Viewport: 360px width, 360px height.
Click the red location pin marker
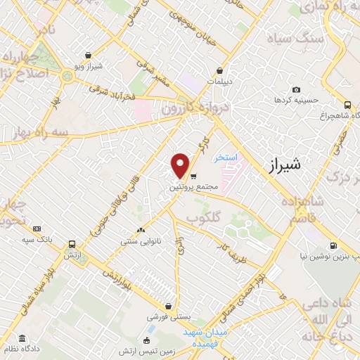(x=181, y=165)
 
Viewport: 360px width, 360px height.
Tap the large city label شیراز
(x=285, y=166)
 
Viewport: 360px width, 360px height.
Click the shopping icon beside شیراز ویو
(x=86, y=54)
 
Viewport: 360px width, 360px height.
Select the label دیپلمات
(x=221, y=81)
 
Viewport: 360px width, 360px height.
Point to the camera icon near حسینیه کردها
(x=296, y=90)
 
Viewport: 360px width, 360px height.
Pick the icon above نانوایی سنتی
(x=141, y=229)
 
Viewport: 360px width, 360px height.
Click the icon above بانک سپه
(x=36, y=229)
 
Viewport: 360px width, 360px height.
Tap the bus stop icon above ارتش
(x=72, y=245)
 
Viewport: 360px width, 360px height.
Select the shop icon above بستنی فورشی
(x=169, y=306)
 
